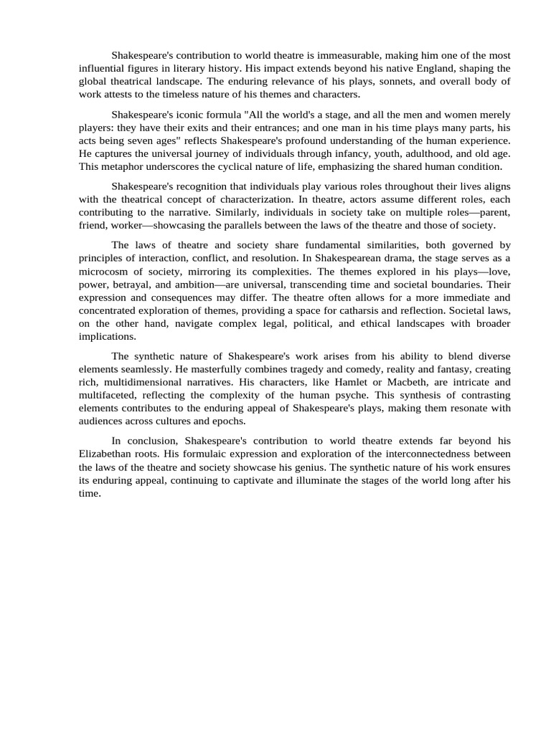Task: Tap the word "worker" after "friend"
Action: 127,225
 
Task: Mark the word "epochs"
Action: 227,421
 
